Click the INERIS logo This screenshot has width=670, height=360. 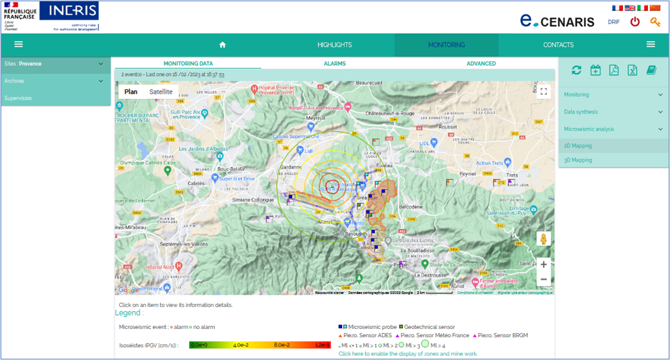(69, 15)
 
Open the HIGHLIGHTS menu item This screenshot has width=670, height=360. (335, 45)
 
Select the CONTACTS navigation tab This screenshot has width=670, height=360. (558, 45)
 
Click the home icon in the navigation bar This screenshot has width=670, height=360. (222, 45)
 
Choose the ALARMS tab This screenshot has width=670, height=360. (335, 63)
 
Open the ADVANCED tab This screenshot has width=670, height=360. (481, 63)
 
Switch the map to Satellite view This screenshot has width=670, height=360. (160, 92)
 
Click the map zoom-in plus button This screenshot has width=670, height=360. (543, 264)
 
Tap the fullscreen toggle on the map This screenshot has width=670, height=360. (543, 92)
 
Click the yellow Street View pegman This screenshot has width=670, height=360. (543, 239)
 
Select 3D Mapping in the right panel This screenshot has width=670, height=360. (578, 160)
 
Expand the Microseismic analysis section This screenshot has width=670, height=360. (613, 129)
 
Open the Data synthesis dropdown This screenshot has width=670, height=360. (613, 112)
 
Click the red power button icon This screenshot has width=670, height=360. (634, 22)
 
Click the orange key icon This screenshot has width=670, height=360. (655, 22)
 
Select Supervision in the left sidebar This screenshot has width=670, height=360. (18, 98)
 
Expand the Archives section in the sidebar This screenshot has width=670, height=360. (54, 81)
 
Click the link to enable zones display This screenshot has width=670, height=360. (407, 353)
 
